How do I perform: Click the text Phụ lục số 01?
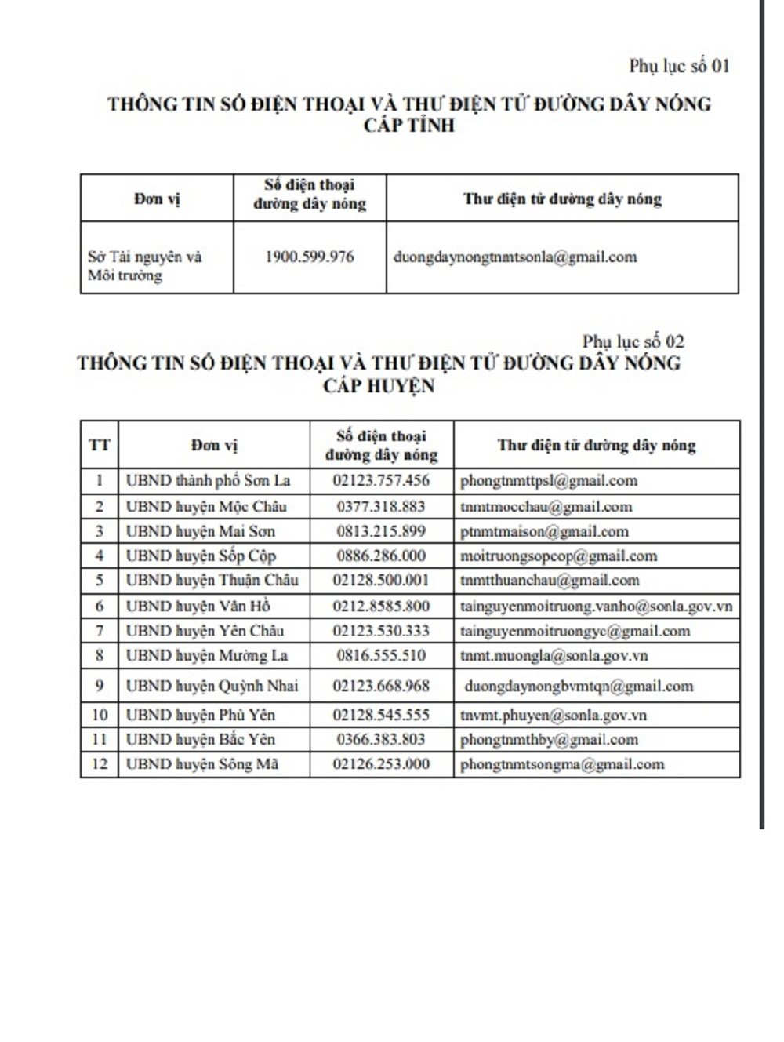pyautogui.click(x=679, y=66)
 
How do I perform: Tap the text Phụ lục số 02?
pyautogui.click(x=633, y=341)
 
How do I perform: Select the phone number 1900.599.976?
pyautogui.click(x=310, y=257)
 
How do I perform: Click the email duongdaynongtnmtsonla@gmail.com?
pyautogui.click(x=515, y=257)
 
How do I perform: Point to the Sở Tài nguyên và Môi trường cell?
pyautogui.click(x=145, y=266)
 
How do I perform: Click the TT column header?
pyautogui.click(x=100, y=445)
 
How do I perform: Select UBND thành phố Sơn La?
pyautogui.click(x=208, y=480)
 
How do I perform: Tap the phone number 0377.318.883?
pyautogui.click(x=381, y=506)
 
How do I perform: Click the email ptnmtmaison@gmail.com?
pyautogui.click(x=544, y=531)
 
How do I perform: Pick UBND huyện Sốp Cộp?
pyautogui.click(x=201, y=556)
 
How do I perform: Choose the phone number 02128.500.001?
pyautogui.click(x=381, y=580)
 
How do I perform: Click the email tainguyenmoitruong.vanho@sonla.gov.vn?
pyautogui.click(x=596, y=606)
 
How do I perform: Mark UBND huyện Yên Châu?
pyautogui.click(x=205, y=630)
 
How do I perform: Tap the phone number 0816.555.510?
pyautogui.click(x=381, y=655)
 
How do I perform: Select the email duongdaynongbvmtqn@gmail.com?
pyautogui.click(x=579, y=686)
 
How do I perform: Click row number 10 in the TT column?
pyautogui.click(x=100, y=715)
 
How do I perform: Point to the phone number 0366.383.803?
pyautogui.click(x=381, y=739)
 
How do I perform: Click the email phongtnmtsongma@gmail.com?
pyautogui.click(x=562, y=763)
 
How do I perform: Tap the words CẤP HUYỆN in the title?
pyautogui.click(x=379, y=385)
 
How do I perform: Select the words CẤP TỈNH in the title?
pyautogui.click(x=409, y=126)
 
